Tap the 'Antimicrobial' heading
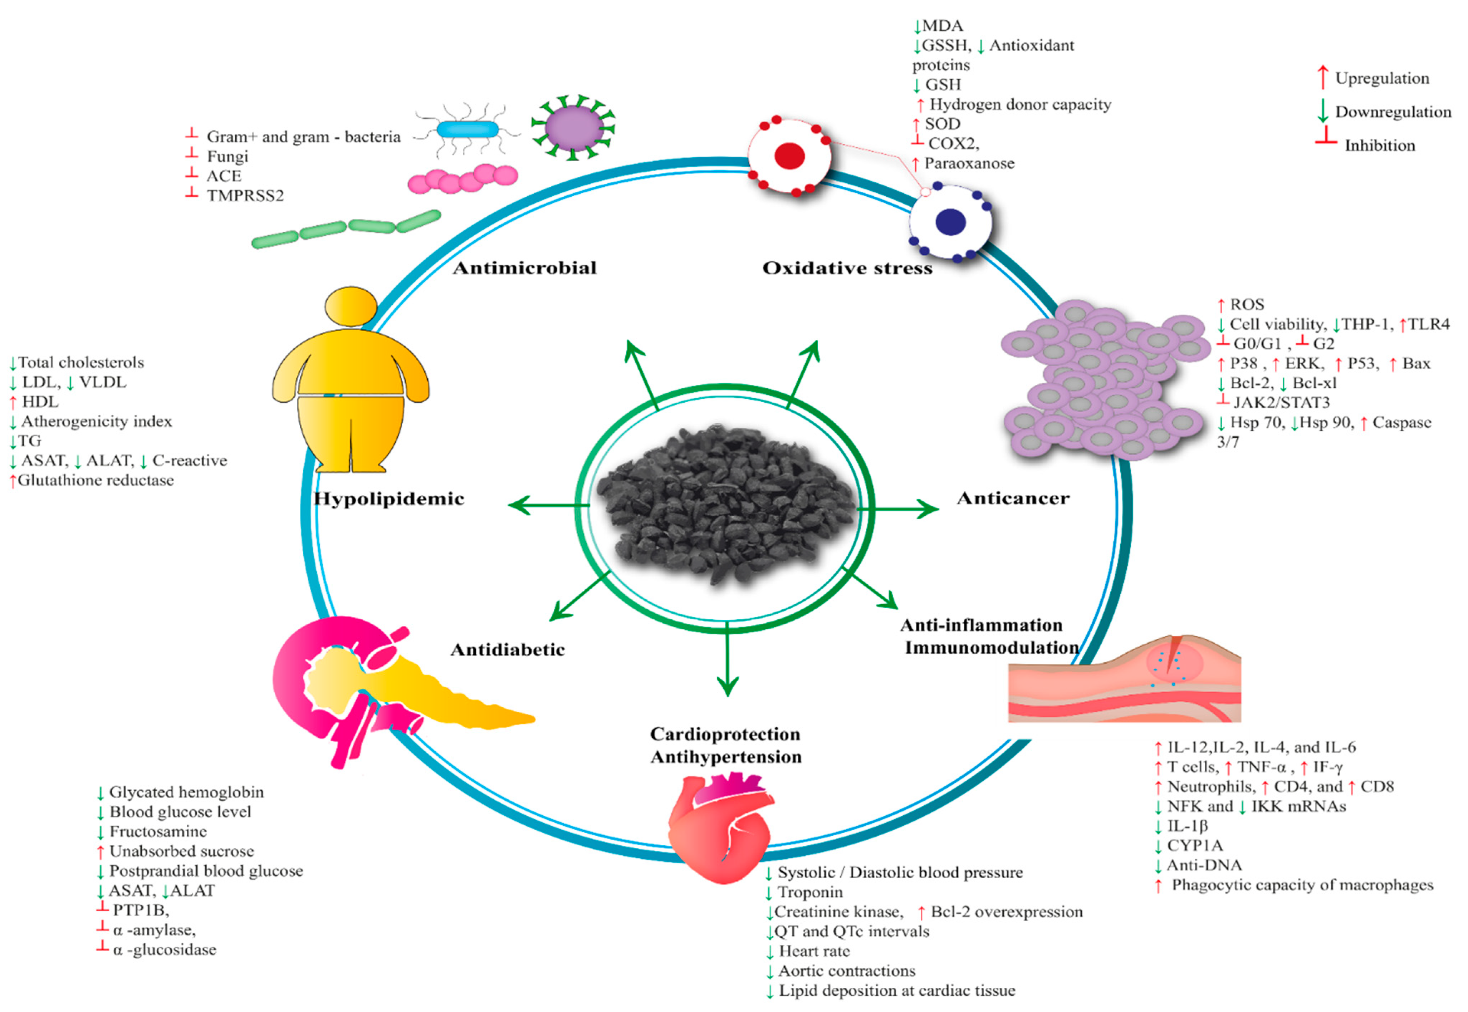[524, 268]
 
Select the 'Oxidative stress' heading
[847, 268]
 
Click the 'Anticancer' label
[1013, 498]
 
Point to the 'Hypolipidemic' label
[389, 499]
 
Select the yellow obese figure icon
[351, 380]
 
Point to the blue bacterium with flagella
[468, 130]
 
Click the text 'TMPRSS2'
[245, 196]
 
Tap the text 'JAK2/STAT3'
[1281, 403]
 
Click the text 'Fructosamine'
[158, 831]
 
